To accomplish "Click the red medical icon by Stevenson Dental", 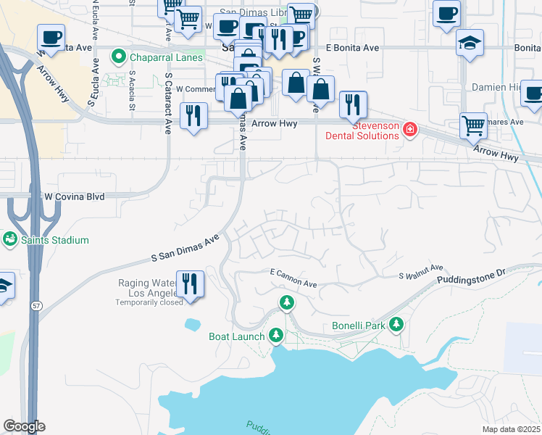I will click(410, 130).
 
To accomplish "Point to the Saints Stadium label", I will click(54, 240).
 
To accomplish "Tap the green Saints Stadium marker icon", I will click(10, 239).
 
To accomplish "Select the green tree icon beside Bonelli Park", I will click(396, 325).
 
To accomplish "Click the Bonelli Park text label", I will click(359, 326).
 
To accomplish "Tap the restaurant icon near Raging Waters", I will click(190, 282).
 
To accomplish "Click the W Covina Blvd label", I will click(75, 196).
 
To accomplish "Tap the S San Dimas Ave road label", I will click(185, 248).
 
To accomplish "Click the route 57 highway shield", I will click(36, 306).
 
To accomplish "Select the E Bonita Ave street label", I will click(352, 48).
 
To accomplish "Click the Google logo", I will click(24, 426).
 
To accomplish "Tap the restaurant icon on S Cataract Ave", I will click(193, 116).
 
